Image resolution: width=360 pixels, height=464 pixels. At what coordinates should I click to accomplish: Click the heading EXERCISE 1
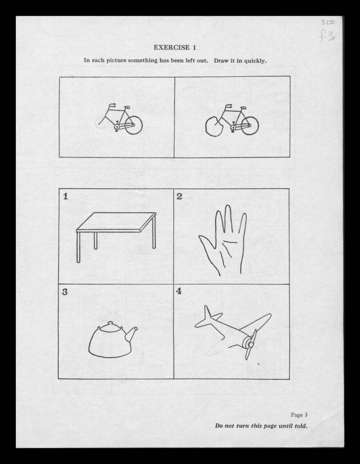pos(175,47)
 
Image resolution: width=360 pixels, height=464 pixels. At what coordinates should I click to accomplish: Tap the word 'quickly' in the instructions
pos(255,61)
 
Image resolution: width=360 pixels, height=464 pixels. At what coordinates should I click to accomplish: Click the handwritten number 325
pos(327,23)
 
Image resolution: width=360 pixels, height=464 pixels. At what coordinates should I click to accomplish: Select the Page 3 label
pos(299,414)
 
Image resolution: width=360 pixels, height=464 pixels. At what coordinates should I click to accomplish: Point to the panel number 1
pos(66,196)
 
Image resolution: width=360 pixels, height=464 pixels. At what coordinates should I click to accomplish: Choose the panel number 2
pos(179,196)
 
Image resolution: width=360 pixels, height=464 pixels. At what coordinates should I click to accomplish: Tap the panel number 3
pos(65,292)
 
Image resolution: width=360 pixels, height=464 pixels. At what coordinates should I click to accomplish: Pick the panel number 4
pos(179,291)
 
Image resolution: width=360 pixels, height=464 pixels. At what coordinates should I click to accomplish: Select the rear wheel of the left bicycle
pos(133,125)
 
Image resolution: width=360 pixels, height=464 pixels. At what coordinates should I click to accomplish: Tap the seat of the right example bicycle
pos(243,108)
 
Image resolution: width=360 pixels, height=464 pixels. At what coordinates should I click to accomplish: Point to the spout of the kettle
pos(131,334)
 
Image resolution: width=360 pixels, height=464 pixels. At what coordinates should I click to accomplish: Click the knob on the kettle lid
pos(111,323)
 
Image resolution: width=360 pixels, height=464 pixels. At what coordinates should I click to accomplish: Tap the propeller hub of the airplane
pos(250,345)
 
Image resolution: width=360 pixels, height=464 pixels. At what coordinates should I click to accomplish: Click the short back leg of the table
pos(95,241)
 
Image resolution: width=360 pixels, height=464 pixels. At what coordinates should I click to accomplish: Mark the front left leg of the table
pos(78,247)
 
